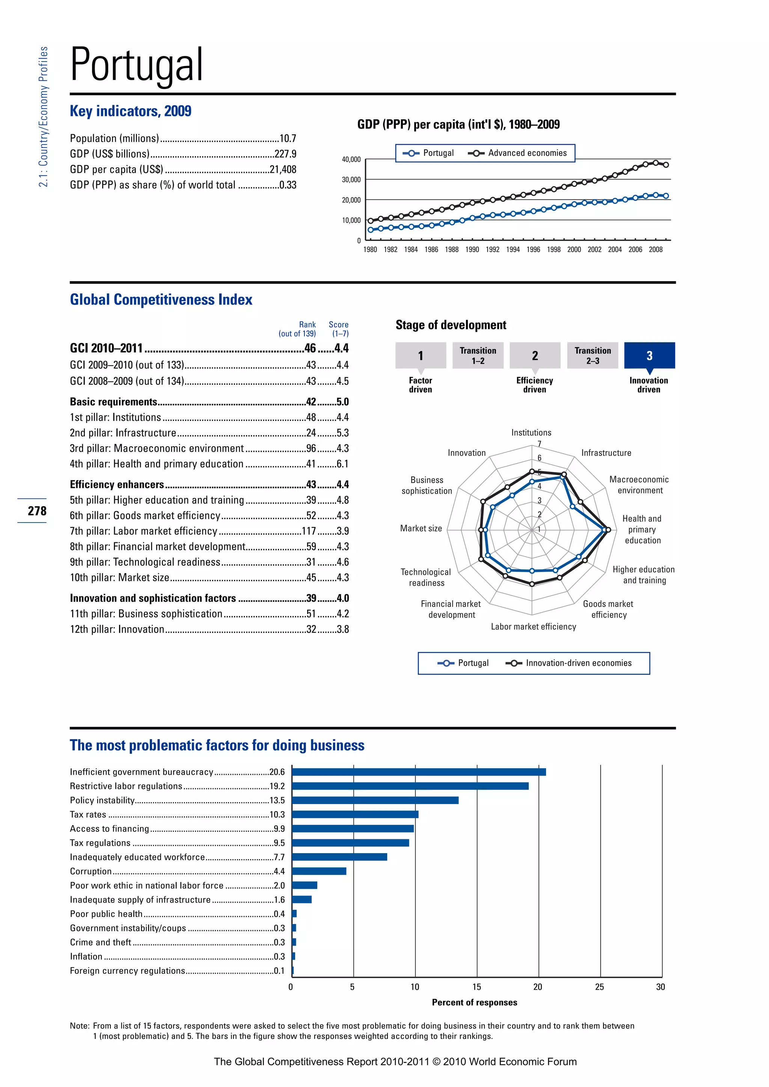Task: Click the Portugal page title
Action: [137, 65]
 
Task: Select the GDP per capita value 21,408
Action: [283, 170]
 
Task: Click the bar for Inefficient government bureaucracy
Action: [419, 772]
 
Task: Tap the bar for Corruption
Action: [319, 871]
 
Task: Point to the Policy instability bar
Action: [375, 801]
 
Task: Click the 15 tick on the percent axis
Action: [476, 987]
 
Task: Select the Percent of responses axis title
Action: [475, 1002]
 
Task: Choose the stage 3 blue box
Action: [649, 355]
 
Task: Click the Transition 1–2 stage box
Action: [478, 355]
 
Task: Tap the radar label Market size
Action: [421, 528]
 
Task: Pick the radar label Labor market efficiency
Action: [533, 627]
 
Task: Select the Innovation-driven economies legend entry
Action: [578, 663]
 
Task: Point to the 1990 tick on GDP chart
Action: [472, 250]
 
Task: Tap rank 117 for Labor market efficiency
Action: [309, 531]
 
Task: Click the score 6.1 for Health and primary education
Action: [342, 464]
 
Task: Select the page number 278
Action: [37, 511]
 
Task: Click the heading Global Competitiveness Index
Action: [161, 300]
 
